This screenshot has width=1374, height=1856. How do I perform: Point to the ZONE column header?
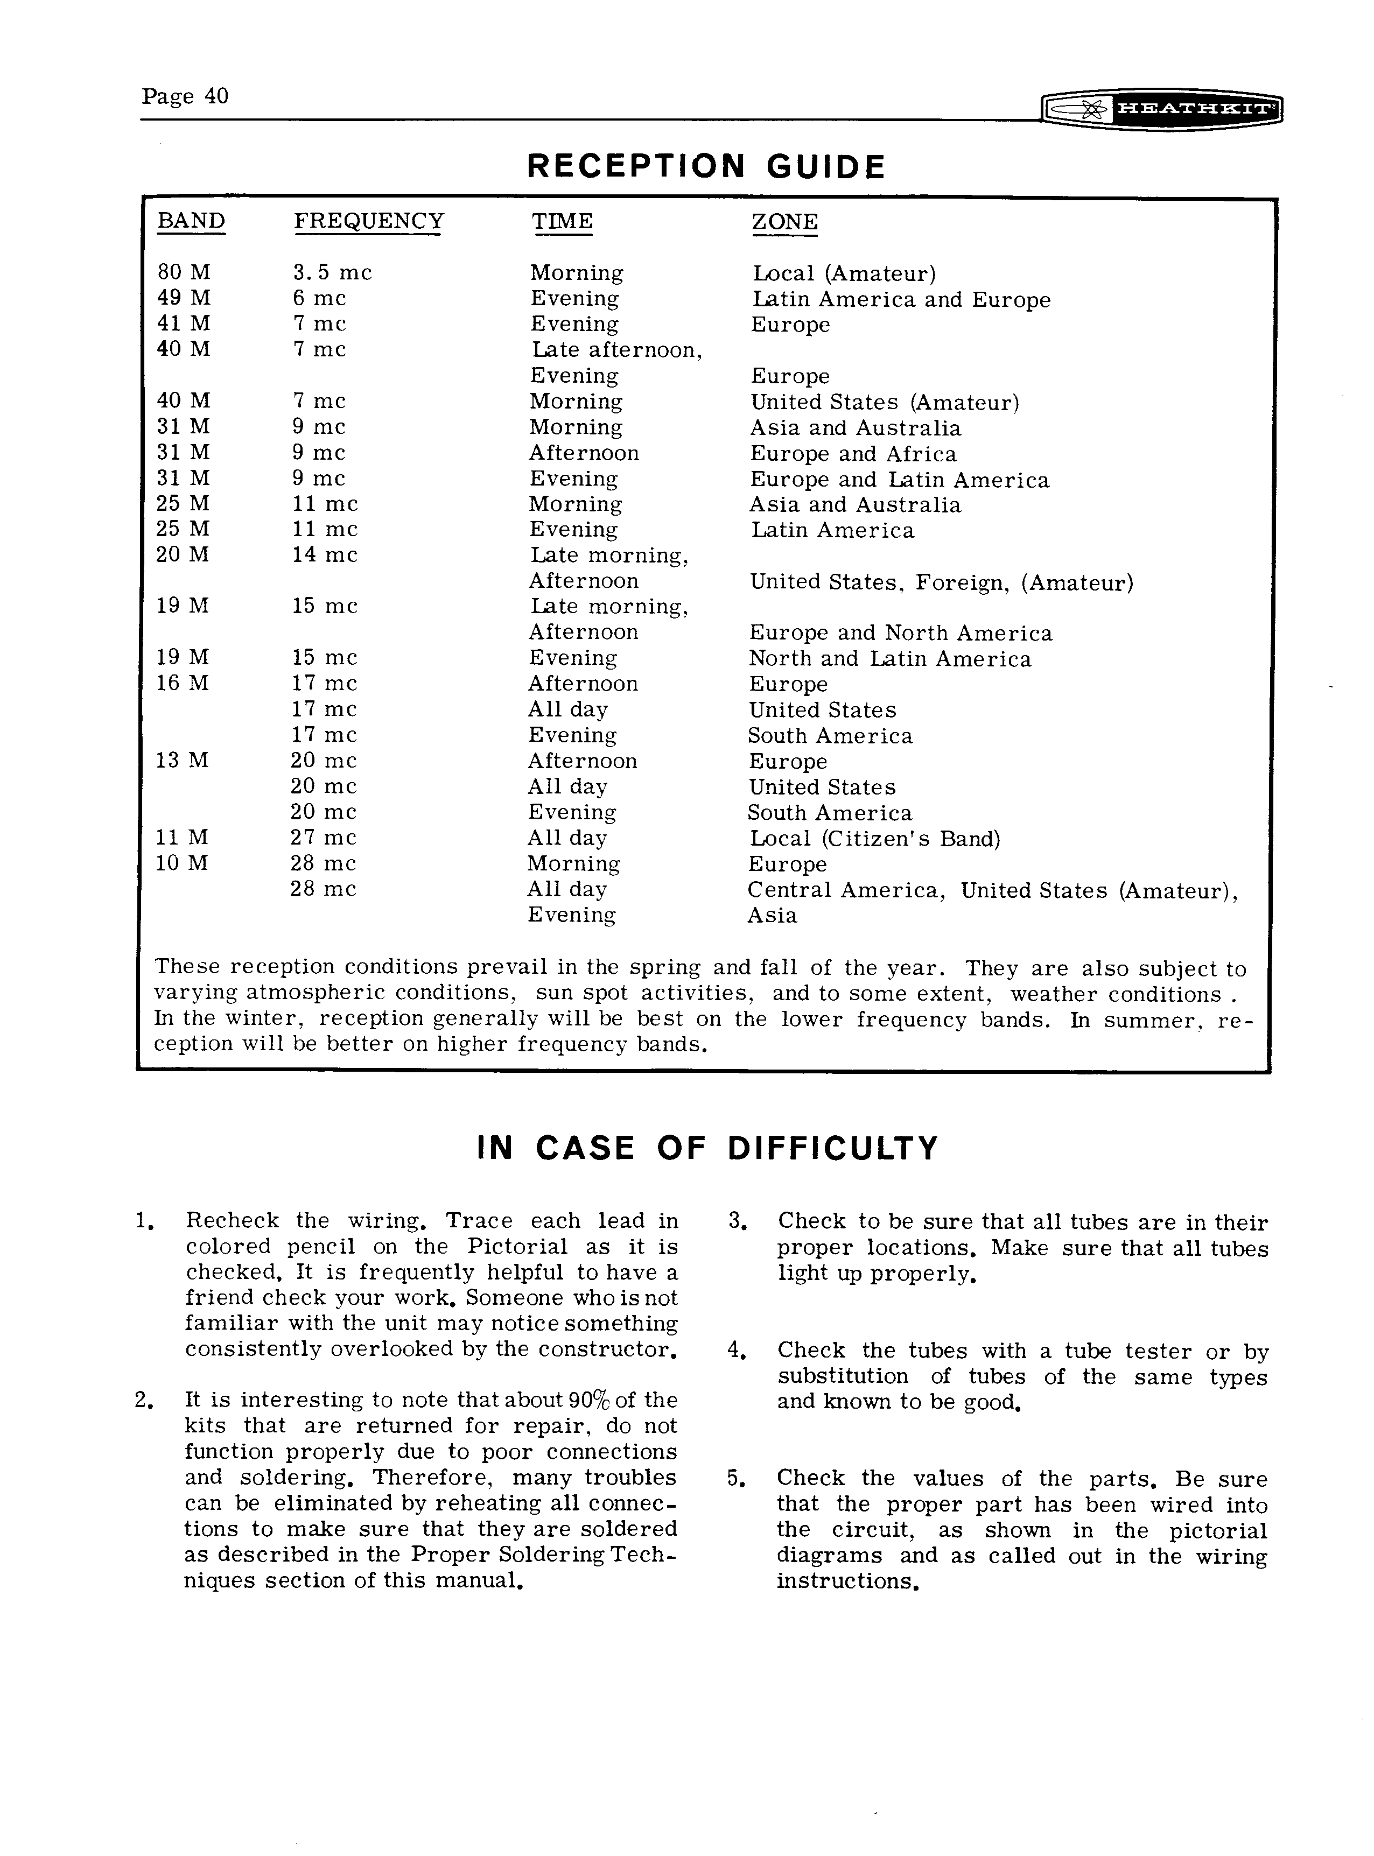tap(784, 222)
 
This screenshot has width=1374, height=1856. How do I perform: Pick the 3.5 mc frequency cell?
tap(332, 273)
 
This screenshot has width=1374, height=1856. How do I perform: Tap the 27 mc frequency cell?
tap(323, 838)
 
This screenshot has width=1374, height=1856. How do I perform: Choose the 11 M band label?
tap(181, 838)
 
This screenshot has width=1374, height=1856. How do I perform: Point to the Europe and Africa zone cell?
tap(853, 454)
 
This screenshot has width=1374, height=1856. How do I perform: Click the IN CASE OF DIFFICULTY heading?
tap(707, 1148)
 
